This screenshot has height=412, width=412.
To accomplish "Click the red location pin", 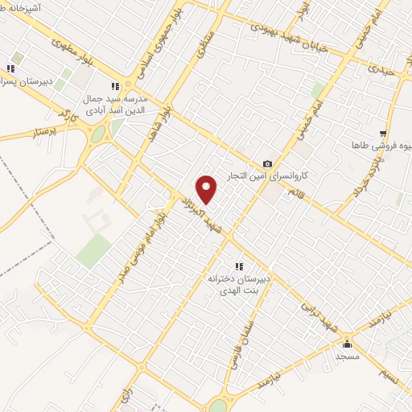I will [207, 189].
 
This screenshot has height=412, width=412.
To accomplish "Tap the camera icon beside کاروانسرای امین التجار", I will [267, 163].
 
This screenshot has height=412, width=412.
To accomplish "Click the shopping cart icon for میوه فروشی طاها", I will [383, 134].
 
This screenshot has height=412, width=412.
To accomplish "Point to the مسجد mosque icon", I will [348, 344].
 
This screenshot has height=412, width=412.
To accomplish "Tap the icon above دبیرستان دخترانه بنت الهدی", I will [238, 266].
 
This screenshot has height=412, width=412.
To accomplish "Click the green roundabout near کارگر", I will [98, 134].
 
